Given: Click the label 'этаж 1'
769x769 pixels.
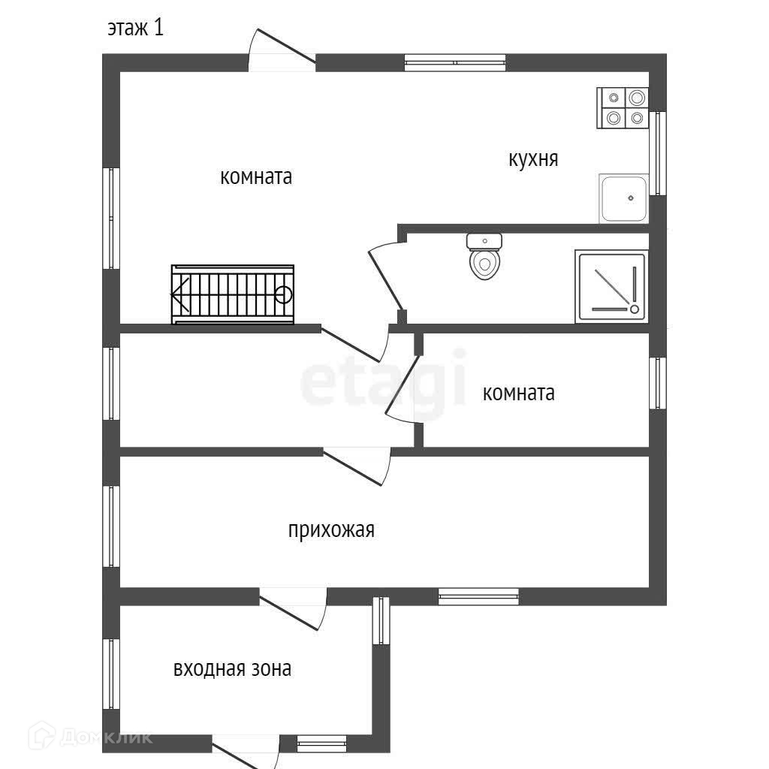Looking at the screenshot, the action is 135,29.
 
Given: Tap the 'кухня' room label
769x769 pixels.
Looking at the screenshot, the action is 533,159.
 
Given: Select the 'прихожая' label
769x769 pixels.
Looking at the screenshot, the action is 331,530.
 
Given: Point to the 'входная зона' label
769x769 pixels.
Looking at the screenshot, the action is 232,668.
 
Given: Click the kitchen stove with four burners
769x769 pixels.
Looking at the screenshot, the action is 623,108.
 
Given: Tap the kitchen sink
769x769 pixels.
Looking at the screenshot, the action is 623,198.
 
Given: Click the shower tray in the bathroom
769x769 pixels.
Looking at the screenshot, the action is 611,286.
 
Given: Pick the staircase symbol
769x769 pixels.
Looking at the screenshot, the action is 233,294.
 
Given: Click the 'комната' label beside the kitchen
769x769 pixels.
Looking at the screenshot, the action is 256,177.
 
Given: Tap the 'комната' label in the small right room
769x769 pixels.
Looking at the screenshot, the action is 519,393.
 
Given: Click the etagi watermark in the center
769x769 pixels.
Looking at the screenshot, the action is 383,384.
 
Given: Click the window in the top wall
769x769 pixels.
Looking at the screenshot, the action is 455,62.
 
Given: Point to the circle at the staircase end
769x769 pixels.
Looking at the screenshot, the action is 283,294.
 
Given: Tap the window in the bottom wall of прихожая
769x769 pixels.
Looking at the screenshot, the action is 478,596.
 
